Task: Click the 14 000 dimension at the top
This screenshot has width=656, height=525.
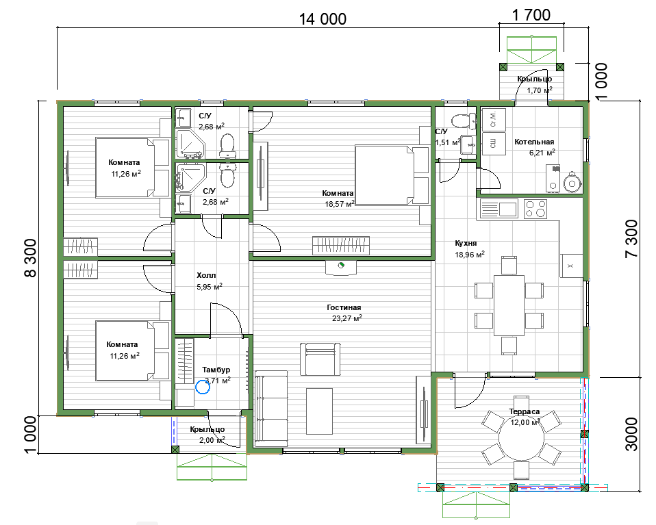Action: point(323,19)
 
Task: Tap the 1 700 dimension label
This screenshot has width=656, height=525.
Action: point(531,15)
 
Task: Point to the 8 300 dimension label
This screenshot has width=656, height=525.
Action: point(31,258)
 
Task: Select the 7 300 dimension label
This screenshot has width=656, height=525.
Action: point(631,238)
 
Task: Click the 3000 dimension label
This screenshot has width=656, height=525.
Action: point(631,434)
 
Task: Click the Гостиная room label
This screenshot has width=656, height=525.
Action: point(344,307)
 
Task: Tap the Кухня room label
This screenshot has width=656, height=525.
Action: point(466,243)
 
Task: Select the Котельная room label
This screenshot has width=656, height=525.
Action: point(534,142)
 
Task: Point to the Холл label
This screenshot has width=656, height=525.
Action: point(206,275)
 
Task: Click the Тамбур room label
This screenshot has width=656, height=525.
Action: point(216,370)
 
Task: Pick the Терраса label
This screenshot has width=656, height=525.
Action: point(525,411)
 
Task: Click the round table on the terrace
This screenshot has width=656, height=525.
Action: point(521,438)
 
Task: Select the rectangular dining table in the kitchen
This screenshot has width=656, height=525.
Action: point(509,305)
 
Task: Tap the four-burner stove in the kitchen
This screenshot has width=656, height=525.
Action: point(535,209)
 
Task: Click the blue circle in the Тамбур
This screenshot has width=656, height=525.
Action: point(203,387)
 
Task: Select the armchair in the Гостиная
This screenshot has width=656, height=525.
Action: point(320,359)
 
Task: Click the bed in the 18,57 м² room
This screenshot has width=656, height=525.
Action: point(392,175)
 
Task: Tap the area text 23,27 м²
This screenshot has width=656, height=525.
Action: point(346,318)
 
